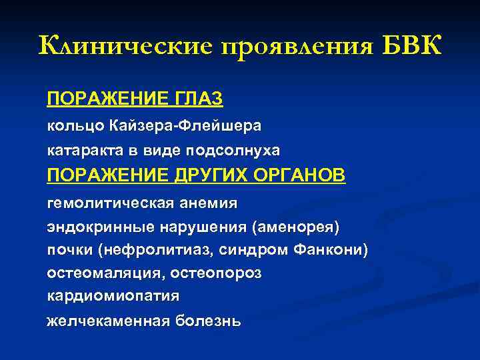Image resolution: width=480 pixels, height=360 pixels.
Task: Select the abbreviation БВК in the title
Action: tap(412, 47)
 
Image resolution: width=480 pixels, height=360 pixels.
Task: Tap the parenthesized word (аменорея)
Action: tap(295, 227)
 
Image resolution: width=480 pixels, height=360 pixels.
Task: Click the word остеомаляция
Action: tap(105, 273)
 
